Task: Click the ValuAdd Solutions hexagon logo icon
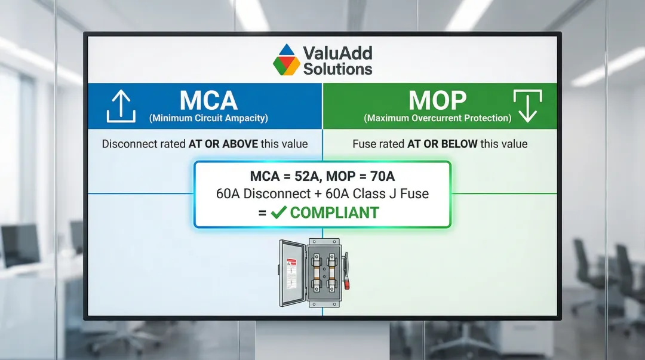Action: coord(287,60)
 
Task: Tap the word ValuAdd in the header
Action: coord(337,53)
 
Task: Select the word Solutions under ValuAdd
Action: coord(337,69)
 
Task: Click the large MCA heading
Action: coord(208,100)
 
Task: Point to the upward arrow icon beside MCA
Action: coord(121,106)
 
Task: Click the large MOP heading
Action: coord(437,100)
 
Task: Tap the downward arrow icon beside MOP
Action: coord(528,106)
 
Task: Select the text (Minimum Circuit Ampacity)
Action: coord(208,118)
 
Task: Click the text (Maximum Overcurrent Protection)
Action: coord(438,118)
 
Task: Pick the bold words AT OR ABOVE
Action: coord(223,144)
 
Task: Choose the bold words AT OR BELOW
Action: coord(442,144)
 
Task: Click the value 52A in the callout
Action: coord(308,176)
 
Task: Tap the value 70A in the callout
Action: coord(382,176)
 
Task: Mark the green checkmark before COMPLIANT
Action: coord(278,213)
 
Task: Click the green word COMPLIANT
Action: coord(334,213)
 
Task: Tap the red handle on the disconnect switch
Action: coord(347,284)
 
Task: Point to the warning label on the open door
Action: coord(291,273)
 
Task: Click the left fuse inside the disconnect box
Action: coord(317,272)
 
